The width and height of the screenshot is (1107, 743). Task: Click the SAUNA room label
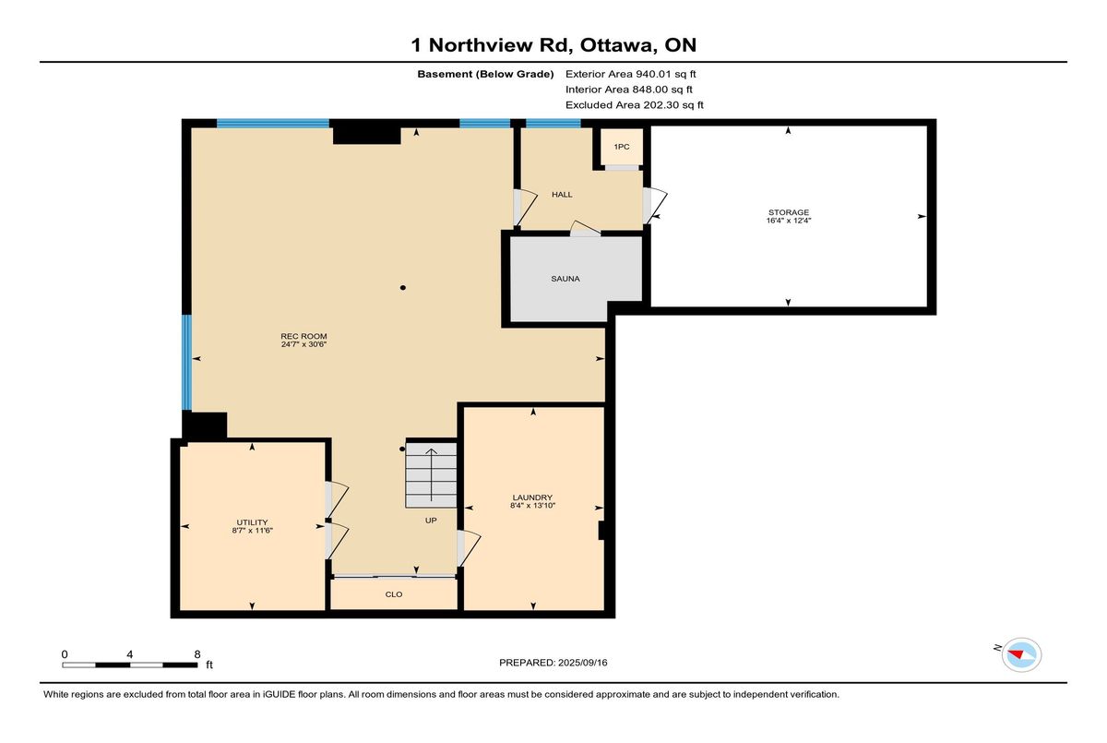[x=565, y=279]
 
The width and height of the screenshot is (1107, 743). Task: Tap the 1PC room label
[x=621, y=147]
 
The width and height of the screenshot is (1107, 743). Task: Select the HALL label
[x=562, y=195]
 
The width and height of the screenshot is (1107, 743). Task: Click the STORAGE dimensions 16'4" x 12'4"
[x=788, y=221]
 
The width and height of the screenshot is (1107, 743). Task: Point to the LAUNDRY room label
[x=532, y=497]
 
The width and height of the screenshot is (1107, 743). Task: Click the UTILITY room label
[x=252, y=522]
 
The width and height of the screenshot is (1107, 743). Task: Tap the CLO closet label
[x=394, y=594]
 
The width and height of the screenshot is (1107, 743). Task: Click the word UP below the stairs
[x=431, y=521]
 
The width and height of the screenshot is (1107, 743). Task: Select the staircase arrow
[x=432, y=474]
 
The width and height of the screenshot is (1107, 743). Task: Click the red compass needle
[x=1016, y=654]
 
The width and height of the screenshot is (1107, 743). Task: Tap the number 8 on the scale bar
[x=197, y=654]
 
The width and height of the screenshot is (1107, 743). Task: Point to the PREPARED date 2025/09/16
[x=583, y=663]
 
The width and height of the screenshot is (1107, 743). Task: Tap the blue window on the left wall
[x=186, y=363]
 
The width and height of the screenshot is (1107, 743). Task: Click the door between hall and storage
[x=652, y=206]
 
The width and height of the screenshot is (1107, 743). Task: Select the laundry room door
[x=468, y=548]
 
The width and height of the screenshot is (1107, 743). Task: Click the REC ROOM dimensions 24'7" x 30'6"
[x=304, y=344]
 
